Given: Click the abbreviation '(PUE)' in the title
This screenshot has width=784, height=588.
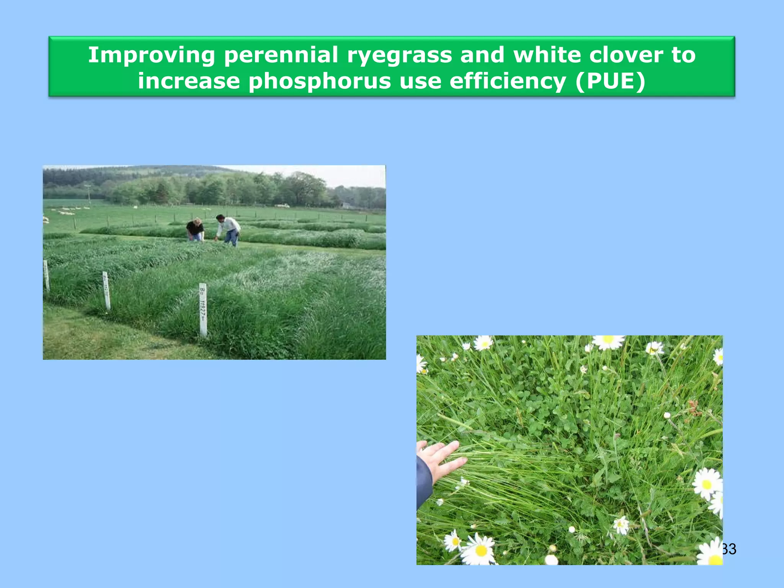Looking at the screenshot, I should pyautogui.click(x=610, y=82).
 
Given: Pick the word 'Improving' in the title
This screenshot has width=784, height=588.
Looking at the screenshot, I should pyautogui.click(x=152, y=56).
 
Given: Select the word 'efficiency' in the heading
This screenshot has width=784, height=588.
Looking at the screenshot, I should pyautogui.click(x=508, y=82).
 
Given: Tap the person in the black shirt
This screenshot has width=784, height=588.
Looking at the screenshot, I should pyautogui.click(x=195, y=229).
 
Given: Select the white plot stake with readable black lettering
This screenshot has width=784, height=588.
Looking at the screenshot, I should pyautogui.click(x=203, y=309).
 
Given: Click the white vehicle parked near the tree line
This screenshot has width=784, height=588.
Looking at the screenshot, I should pyautogui.click(x=283, y=206).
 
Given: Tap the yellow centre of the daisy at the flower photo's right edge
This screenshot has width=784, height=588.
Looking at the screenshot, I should pyautogui.click(x=707, y=485).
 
